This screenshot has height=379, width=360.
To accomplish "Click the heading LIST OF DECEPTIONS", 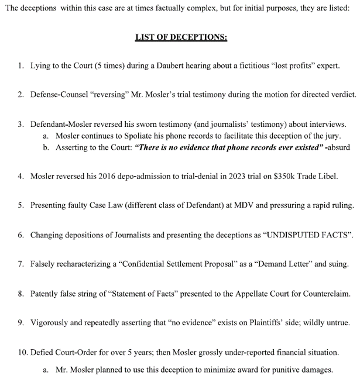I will point(180,37).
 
